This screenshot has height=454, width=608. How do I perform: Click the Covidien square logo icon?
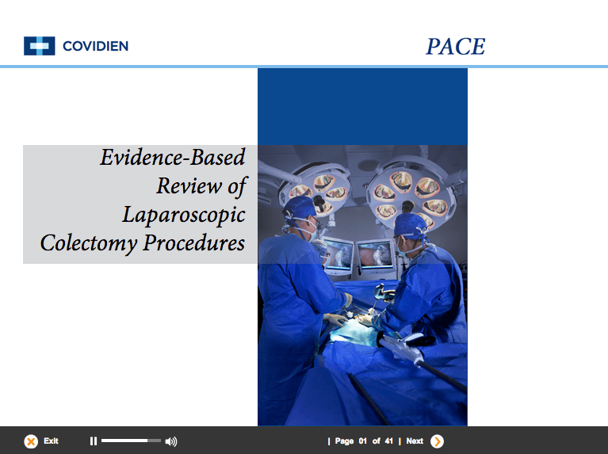click(x=39, y=46)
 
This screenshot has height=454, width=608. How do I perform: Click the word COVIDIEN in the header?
click(x=95, y=46)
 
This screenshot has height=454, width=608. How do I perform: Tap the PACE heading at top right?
click(x=455, y=47)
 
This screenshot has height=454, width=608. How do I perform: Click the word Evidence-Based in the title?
click(x=173, y=158)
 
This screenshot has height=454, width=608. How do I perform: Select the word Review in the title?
click(x=189, y=185)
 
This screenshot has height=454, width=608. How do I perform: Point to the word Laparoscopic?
click(x=184, y=216)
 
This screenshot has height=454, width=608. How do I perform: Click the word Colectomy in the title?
click(x=89, y=244)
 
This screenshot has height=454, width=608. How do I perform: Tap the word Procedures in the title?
click(x=194, y=242)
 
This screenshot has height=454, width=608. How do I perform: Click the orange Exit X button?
click(x=31, y=441)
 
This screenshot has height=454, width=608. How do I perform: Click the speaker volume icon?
click(x=171, y=441)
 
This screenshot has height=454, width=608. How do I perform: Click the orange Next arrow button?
click(x=437, y=441)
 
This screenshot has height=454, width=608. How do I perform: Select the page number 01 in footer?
click(x=362, y=441)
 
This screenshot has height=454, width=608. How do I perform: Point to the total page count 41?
click(x=389, y=441)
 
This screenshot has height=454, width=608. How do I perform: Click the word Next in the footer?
click(x=415, y=441)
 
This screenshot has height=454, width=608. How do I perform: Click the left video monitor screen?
click(x=338, y=254)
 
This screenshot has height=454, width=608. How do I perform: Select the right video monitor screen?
click(x=376, y=254)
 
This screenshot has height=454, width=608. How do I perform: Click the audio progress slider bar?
click(x=131, y=441)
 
